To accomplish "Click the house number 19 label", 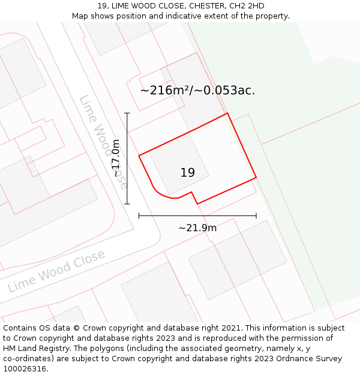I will (188, 173).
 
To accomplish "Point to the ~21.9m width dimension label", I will (197, 227).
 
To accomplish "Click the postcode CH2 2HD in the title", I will (248, 6).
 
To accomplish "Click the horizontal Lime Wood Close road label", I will (56, 271).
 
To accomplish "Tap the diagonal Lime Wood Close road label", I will (103, 139).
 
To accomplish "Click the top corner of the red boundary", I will (227, 113).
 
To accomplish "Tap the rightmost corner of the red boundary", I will (256, 178).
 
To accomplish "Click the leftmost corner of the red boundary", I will (139, 156).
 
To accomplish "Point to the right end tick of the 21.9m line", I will (256, 215).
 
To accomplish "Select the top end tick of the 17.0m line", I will (127, 113).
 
